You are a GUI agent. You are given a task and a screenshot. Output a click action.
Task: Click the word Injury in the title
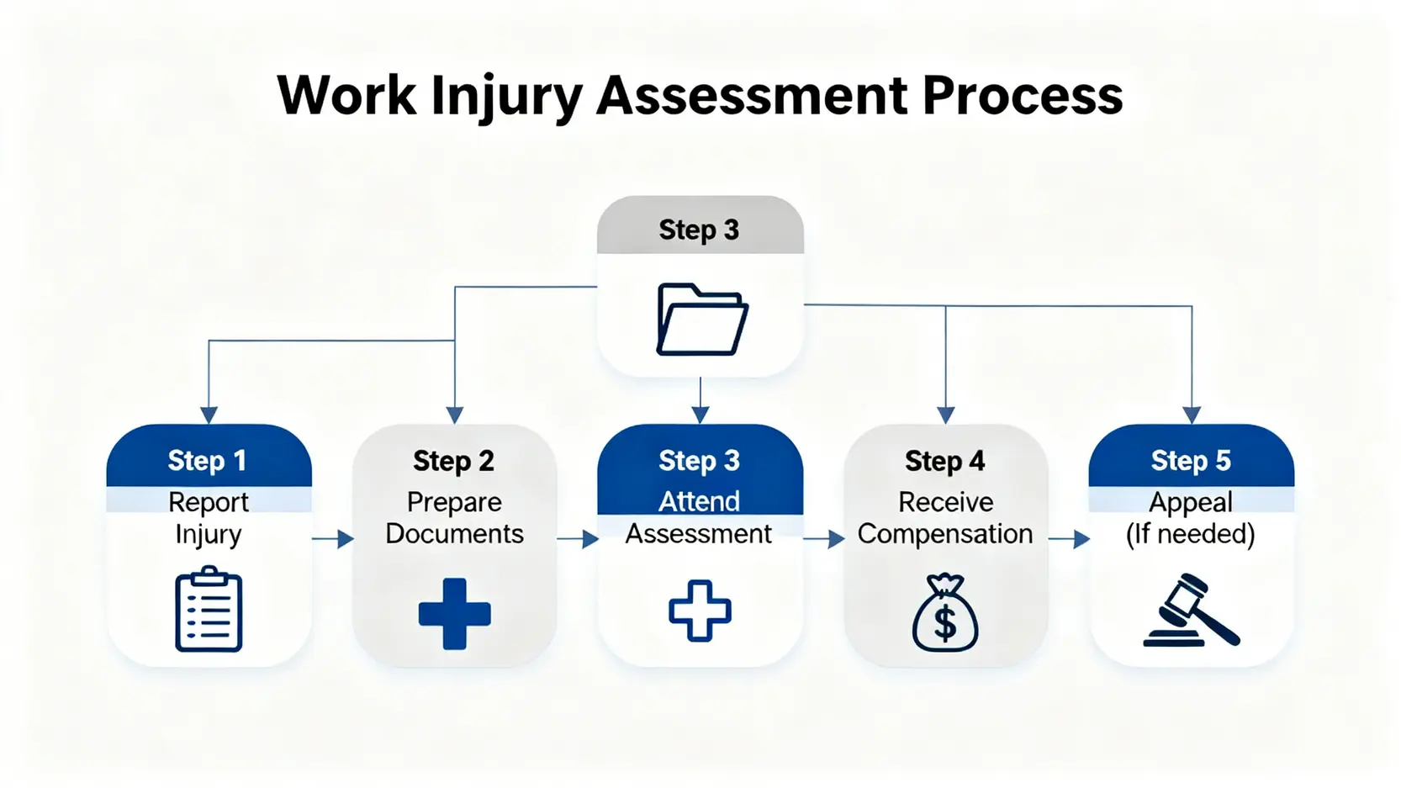point(506,96)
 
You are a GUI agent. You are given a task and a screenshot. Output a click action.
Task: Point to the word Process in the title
point(1022,96)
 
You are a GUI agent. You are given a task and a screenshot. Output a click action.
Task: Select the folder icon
point(701,320)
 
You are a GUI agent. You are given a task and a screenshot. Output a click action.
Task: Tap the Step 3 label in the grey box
point(699,230)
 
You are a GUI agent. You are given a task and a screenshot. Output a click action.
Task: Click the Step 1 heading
point(207,461)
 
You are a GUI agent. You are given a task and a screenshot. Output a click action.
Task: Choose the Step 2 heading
point(453,461)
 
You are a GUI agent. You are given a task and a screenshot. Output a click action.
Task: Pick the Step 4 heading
point(944,461)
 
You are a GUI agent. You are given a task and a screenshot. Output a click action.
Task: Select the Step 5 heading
point(1190,461)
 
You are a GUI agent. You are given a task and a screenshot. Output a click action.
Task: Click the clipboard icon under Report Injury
point(209,610)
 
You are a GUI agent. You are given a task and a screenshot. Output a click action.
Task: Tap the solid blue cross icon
point(454,613)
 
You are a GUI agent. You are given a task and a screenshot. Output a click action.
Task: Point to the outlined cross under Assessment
point(700,611)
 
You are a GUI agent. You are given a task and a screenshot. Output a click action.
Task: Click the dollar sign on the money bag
point(945,623)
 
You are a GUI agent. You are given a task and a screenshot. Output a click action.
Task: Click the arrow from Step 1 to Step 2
point(333,539)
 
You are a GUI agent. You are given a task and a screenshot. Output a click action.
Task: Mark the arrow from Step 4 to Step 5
point(1070,539)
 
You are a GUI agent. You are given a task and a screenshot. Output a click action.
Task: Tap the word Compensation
point(944,534)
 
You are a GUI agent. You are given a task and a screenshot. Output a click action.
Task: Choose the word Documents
point(454,534)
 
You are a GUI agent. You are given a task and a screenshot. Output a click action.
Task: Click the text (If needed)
point(1190,534)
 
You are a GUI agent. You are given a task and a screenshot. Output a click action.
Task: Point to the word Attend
point(699,501)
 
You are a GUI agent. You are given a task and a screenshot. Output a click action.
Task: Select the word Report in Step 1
point(208,502)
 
